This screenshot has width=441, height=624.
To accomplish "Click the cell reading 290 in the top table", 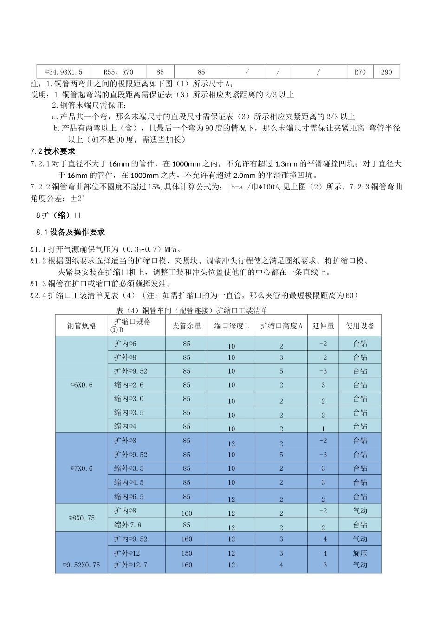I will pyautogui.click(x=386, y=72).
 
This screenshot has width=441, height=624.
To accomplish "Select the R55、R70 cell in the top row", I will pyautogui.click(x=118, y=72).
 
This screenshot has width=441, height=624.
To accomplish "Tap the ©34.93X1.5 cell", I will pyautogui.click(x=64, y=72).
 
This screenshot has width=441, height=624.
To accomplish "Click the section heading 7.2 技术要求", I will pyautogui.click(x=52, y=151).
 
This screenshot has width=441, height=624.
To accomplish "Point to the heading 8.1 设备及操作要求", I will pyautogui.click(x=71, y=232).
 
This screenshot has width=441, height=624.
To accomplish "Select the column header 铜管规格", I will pyautogui.click(x=82, y=326).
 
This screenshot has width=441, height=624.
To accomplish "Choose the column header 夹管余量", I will pyautogui.click(x=187, y=326).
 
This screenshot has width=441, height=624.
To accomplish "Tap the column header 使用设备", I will pyautogui.click(x=360, y=326).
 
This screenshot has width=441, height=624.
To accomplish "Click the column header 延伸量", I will pyautogui.click(x=323, y=326).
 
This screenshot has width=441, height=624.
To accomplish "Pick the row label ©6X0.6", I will pyautogui.click(x=81, y=385).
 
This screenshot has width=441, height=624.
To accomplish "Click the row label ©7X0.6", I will pyautogui.click(x=81, y=468).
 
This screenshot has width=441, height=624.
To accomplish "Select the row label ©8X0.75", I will pyautogui.click(x=81, y=518).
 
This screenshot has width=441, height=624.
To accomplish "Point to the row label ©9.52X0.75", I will pyautogui.click(x=81, y=565).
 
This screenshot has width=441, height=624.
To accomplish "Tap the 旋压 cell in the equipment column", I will pyautogui.click(x=360, y=553).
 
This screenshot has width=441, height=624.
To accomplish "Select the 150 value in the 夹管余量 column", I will pyautogui.click(x=187, y=553).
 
